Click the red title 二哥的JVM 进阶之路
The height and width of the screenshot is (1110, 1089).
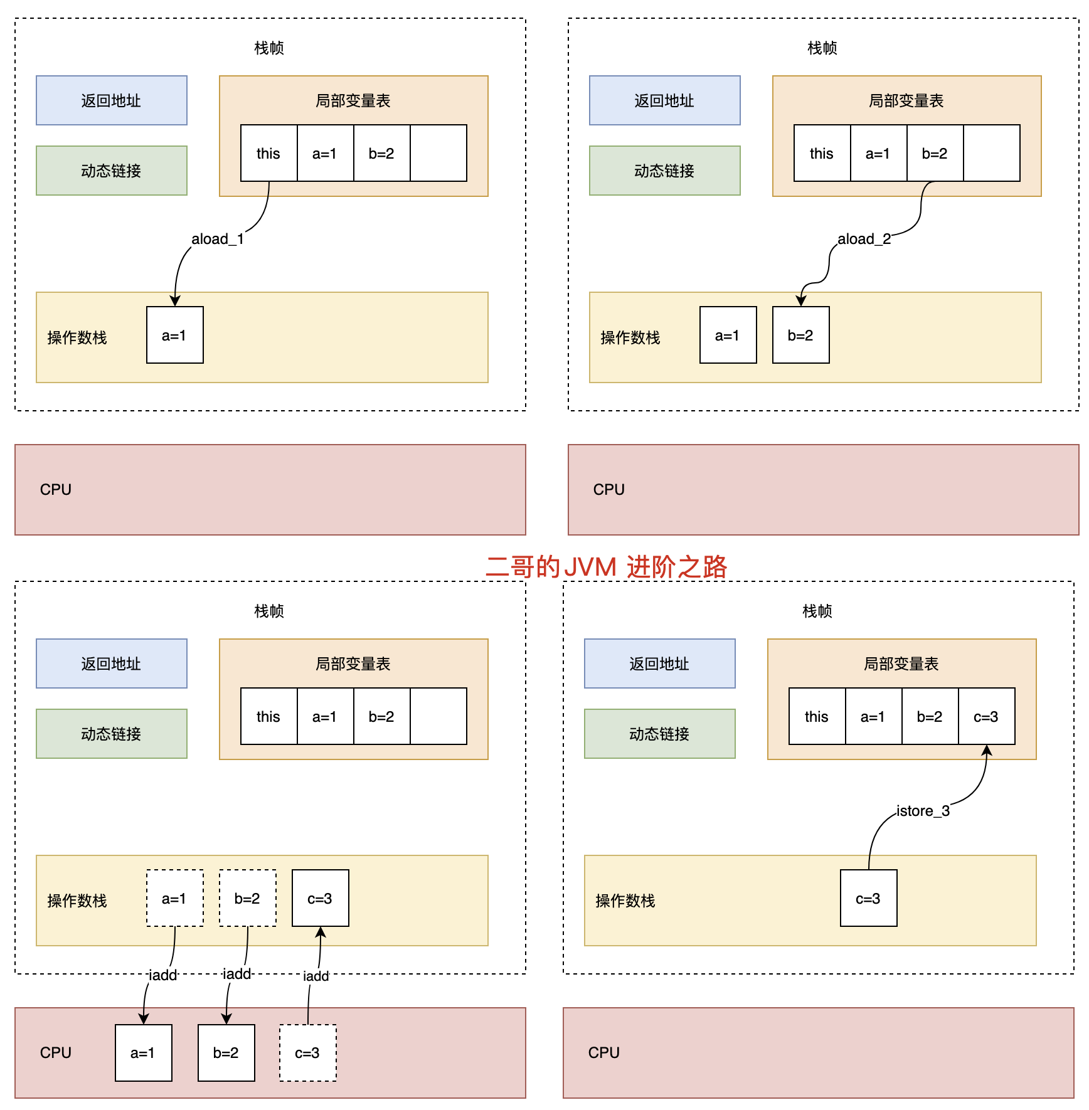tap(606, 567)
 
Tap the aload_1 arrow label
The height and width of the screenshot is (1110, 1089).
tap(217, 239)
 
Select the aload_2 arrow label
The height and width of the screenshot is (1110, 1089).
tap(864, 239)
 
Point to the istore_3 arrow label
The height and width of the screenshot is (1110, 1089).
tap(923, 811)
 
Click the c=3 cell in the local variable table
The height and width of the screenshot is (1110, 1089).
tap(986, 717)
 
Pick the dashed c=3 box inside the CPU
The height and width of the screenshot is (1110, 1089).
tap(307, 1053)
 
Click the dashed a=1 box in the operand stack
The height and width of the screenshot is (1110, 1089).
tap(174, 899)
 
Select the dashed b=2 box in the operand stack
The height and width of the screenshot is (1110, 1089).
tap(247, 899)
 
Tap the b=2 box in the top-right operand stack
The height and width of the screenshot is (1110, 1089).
tap(800, 336)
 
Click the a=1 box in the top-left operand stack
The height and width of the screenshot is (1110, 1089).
tap(174, 336)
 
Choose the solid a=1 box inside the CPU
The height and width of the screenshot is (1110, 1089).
tap(143, 1053)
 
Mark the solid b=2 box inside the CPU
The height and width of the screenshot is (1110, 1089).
tap(226, 1053)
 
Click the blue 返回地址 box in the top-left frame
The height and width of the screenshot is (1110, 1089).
tap(111, 100)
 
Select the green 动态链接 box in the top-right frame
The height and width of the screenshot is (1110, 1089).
tap(664, 171)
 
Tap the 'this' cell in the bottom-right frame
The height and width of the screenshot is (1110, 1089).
tap(817, 717)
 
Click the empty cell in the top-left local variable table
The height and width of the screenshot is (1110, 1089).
tap(438, 154)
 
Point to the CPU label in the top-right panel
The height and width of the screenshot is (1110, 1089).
tap(608, 490)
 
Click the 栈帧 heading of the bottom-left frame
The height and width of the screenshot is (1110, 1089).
tap(269, 611)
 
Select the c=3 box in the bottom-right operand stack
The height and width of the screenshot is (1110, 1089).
tap(868, 899)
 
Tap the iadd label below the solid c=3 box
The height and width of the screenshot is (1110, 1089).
tap(316, 976)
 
